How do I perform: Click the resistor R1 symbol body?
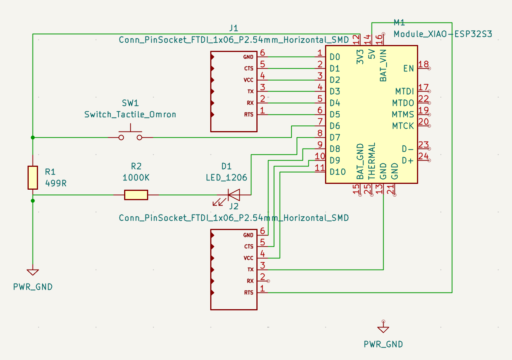[33, 178]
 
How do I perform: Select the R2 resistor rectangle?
[136, 195]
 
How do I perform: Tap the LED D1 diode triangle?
[234, 195]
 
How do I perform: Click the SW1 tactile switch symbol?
[130, 136]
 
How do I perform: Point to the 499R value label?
[56, 183]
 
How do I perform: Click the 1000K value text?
[136, 178]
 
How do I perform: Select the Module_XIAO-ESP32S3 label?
[443, 34]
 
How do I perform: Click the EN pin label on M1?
[408, 69]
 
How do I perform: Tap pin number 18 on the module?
[424, 64]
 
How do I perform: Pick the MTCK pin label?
[403, 126]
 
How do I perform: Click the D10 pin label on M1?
[337, 172]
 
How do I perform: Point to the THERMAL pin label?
[372, 161]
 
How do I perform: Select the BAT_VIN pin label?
[383, 66]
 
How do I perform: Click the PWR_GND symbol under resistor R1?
[33, 272]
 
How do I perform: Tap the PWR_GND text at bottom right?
[383, 344]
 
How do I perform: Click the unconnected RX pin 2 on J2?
[263, 280]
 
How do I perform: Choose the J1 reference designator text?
[234, 28]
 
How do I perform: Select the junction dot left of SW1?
[33, 137]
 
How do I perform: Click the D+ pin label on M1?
[408, 161]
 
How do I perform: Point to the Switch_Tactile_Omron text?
[130, 114]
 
